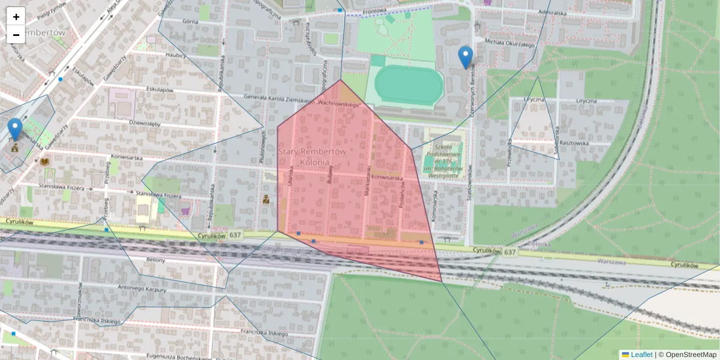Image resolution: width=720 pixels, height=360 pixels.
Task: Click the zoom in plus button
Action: [x=16, y=17]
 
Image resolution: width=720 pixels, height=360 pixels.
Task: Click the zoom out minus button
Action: [x=16, y=35]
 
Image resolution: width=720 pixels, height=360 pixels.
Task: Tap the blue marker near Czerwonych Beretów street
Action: [x=465, y=57]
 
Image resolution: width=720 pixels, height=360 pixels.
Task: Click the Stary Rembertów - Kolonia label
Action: [x=312, y=157]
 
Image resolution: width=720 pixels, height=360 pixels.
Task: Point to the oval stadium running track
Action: [x=404, y=86]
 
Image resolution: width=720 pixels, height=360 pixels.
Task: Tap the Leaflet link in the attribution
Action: [x=641, y=355]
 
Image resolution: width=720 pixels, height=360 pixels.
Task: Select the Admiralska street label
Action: [x=553, y=12]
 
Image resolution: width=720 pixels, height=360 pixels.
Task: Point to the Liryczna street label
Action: [x=534, y=100]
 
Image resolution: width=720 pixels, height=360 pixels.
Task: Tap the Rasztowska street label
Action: [x=574, y=143]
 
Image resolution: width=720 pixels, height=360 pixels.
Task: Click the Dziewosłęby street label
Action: [x=145, y=124]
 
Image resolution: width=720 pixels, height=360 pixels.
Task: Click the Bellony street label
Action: [x=155, y=260]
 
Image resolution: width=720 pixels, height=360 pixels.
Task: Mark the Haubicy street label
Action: [x=176, y=55]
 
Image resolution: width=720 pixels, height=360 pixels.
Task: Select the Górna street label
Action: [x=190, y=20]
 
